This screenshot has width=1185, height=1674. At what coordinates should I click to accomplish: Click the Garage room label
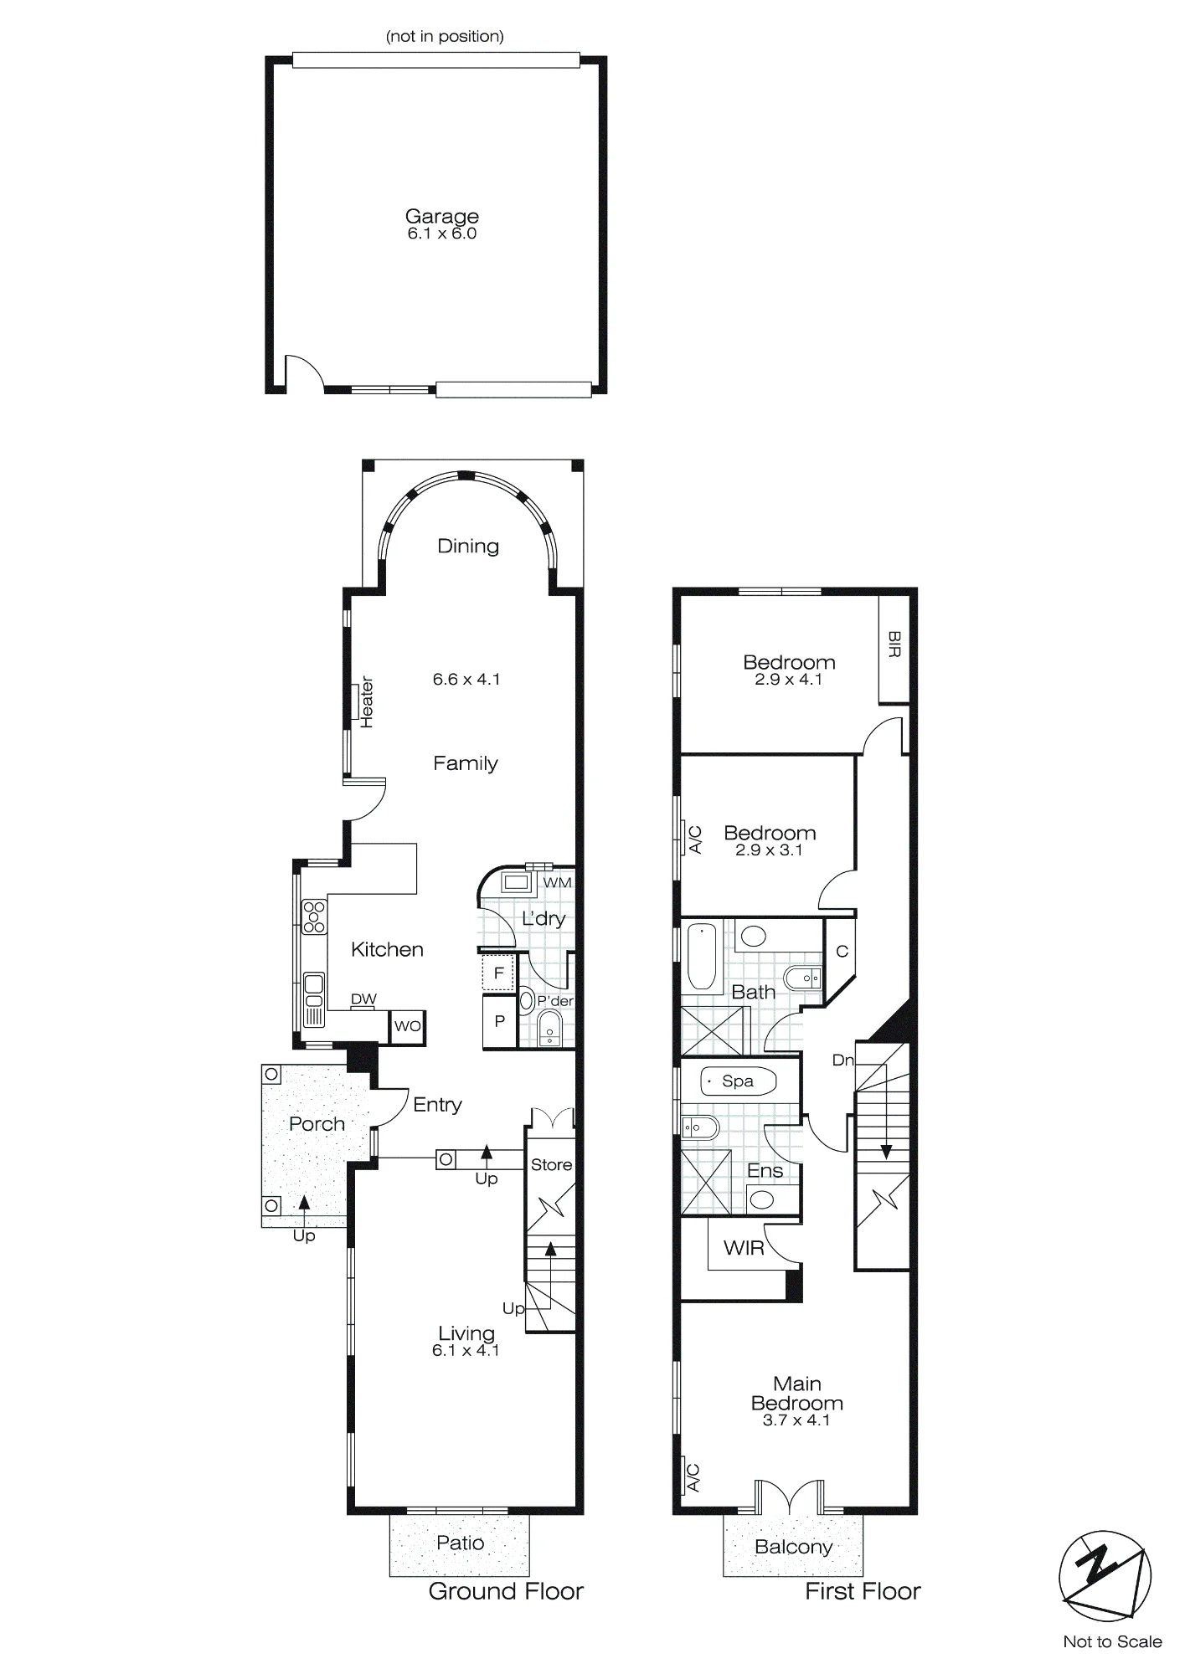click(x=442, y=216)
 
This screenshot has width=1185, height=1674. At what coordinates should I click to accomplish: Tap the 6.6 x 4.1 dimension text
click(x=466, y=680)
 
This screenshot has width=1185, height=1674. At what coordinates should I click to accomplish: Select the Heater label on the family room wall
click(x=366, y=702)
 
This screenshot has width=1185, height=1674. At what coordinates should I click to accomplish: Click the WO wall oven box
click(x=408, y=1026)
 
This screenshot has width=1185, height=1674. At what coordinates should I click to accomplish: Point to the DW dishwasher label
click(x=363, y=999)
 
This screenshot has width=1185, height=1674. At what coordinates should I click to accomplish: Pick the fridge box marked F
click(x=498, y=973)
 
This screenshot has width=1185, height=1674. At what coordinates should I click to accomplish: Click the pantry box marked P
click(x=499, y=1021)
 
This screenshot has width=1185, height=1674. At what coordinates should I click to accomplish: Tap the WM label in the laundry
click(x=558, y=882)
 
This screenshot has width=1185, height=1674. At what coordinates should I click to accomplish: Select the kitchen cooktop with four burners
click(x=314, y=916)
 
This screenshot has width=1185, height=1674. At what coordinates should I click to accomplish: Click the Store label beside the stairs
click(x=551, y=1164)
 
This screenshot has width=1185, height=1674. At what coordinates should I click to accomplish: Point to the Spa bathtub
click(x=738, y=1081)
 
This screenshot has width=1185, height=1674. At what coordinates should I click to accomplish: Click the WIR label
click(x=744, y=1248)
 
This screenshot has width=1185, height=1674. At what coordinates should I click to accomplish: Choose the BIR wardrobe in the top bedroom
click(x=894, y=649)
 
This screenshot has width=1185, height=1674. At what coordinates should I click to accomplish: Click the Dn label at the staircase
click(x=842, y=1060)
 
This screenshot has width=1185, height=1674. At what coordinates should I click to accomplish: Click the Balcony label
click(x=793, y=1547)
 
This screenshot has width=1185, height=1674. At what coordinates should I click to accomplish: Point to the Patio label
click(x=461, y=1543)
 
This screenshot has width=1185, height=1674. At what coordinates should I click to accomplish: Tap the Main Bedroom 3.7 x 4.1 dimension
click(x=796, y=1420)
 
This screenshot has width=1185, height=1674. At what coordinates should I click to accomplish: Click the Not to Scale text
click(x=1112, y=1641)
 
